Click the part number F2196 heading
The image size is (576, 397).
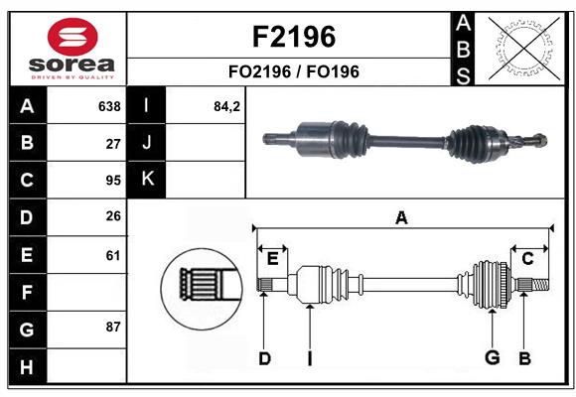[295, 37]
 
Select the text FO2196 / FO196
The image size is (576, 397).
[295, 71]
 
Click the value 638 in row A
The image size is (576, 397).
[108, 106]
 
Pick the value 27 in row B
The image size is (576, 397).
[112, 143]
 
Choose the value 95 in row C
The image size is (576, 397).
[112, 181]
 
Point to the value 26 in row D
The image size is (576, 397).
[112, 216]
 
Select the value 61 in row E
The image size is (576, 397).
[112, 255]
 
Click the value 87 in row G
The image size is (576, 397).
[112, 327]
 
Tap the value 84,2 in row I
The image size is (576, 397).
[227, 106]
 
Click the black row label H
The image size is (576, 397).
[27, 368]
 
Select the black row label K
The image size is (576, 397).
[148, 179]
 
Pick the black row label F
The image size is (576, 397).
[27, 293]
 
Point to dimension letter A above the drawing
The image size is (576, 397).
[401, 217]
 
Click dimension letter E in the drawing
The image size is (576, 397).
[272, 259]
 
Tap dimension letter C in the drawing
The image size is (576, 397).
[527, 258]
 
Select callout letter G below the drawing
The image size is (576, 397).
[491, 357]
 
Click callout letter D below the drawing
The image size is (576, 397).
[264, 358]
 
